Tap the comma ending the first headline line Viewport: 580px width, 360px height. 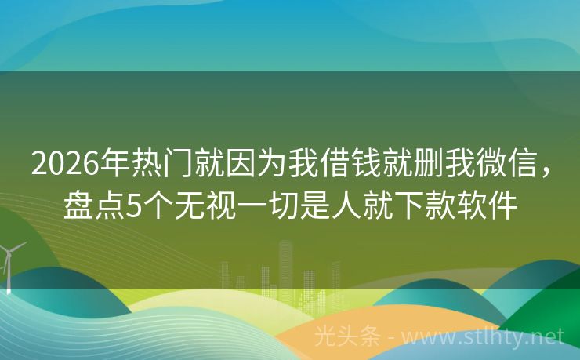coord(548,171)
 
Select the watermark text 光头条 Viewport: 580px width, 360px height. coord(346,337)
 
